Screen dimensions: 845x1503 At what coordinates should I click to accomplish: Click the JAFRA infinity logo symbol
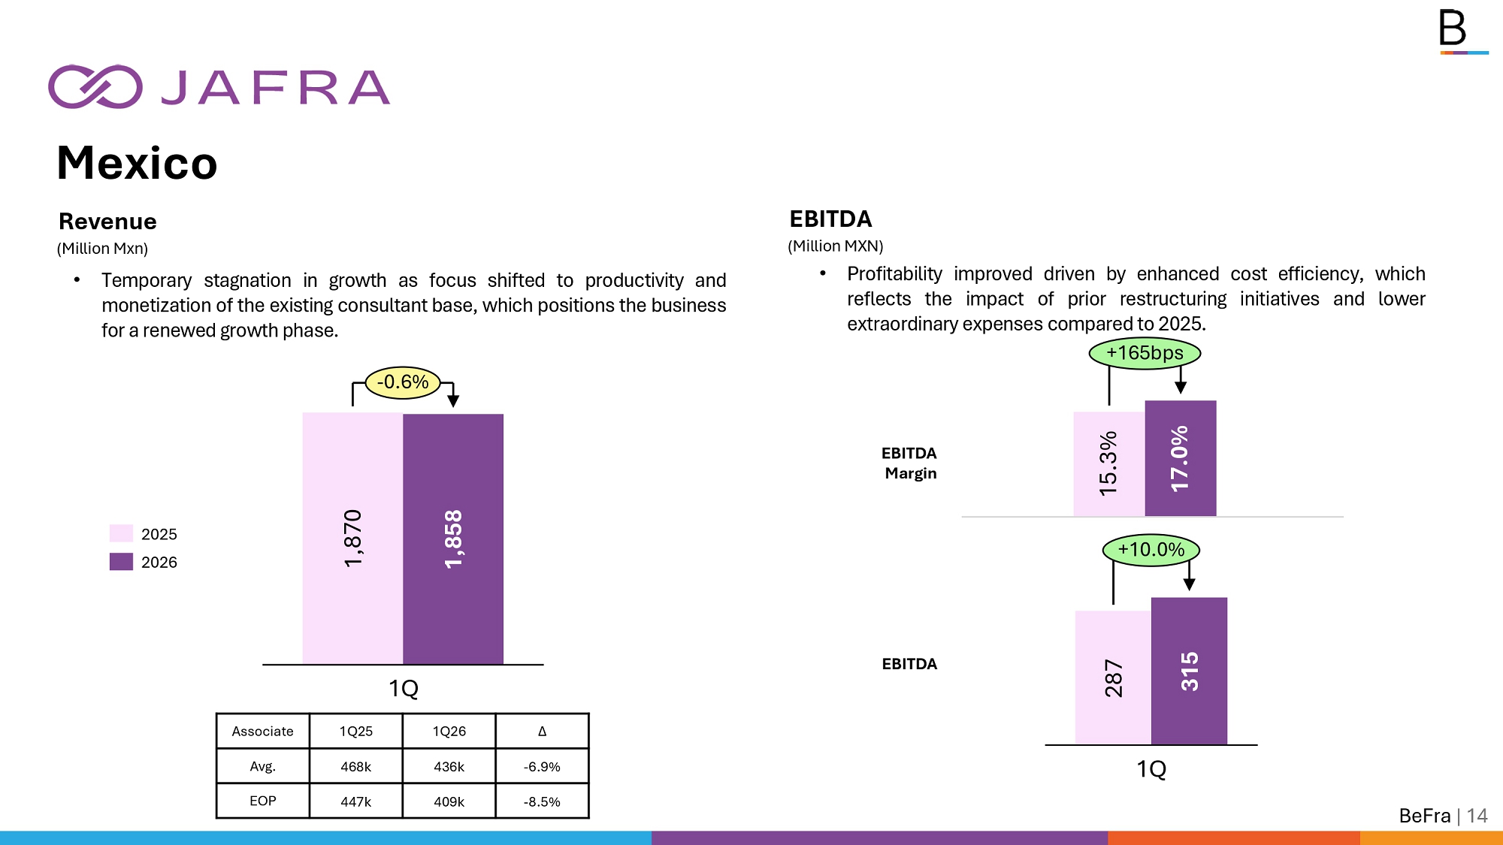[x=95, y=86]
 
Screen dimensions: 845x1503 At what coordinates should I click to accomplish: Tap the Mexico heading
[x=138, y=163]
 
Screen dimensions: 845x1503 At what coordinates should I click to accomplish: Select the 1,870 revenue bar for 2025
[x=352, y=539]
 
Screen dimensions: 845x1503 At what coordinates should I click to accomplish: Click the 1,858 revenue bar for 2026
[x=453, y=539]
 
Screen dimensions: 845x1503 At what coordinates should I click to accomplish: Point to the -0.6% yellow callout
[x=403, y=382]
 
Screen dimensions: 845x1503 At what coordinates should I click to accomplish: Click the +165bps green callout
[x=1145, y=353]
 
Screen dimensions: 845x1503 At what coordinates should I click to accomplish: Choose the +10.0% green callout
[x=1151, y=550]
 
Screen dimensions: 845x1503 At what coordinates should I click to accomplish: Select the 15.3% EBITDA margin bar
[x=1108, y=463]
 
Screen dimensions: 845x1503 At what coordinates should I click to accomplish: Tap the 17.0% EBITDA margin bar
[x=1181, y=458]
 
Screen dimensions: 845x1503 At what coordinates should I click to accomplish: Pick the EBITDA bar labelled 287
[x=1113, y=678]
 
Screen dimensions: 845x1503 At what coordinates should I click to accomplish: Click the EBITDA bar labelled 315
[x=1189, y=671]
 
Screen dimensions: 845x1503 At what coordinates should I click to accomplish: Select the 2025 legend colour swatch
[x=121, y=534]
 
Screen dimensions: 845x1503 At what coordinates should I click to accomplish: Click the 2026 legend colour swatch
[x=121, y=562]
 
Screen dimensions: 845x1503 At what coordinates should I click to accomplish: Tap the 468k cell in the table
[x=355, y=767]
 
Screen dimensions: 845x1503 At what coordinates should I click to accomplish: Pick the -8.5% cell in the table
[x=542, y=801]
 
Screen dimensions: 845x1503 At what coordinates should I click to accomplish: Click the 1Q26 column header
[x=449, y=732]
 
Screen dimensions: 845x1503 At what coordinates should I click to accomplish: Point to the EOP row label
[x=262, y=801]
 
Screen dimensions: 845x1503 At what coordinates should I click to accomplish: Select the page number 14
[x=1477, y=816]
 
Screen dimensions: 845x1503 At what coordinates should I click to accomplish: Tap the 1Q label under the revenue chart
[x=404, y=688]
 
